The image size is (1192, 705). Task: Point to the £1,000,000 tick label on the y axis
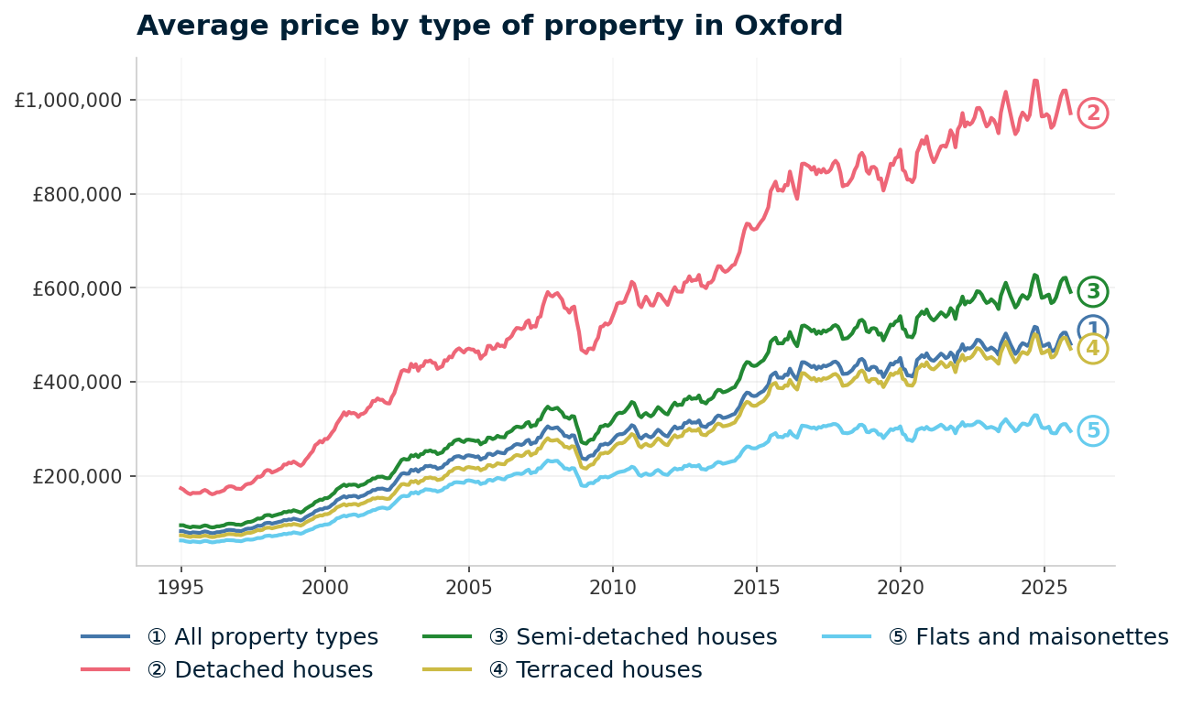(x=68, y=100)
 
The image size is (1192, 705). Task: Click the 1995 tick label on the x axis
(x=180, y=586)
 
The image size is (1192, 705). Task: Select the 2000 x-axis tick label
(x=325, y=586)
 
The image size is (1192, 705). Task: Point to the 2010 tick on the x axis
(x=612, y=586)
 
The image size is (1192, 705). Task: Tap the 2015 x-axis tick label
(x=756, y=586)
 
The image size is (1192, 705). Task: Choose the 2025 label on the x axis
(x=1044, y=586)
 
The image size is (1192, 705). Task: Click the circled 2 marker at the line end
(x=1092, y=114)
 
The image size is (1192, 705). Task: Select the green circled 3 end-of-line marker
(x=1092, y=292)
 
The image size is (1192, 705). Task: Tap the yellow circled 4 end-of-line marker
(x=1092, y=349)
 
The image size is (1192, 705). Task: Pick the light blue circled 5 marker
(x=1092, y=431)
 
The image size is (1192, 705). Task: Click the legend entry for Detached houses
(x=273, y=670)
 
